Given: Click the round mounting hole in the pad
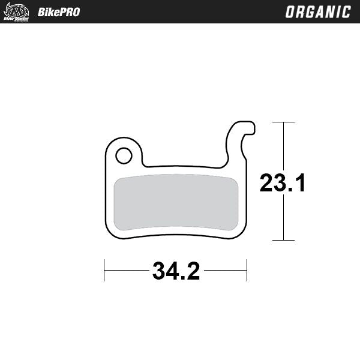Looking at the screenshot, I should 124,156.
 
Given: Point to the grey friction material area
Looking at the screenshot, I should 176,202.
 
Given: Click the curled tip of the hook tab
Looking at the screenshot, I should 250,127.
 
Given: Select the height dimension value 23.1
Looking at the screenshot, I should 283,183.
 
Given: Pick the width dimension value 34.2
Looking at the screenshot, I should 176,271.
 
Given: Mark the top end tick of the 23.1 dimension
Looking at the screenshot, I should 284,122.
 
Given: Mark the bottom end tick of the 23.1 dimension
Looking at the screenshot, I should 284,240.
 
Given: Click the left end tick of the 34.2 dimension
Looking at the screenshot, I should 104,271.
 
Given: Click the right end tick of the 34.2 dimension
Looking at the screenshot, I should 247,271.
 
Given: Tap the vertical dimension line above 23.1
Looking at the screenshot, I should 284,147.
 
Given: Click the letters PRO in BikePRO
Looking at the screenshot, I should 69,12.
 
